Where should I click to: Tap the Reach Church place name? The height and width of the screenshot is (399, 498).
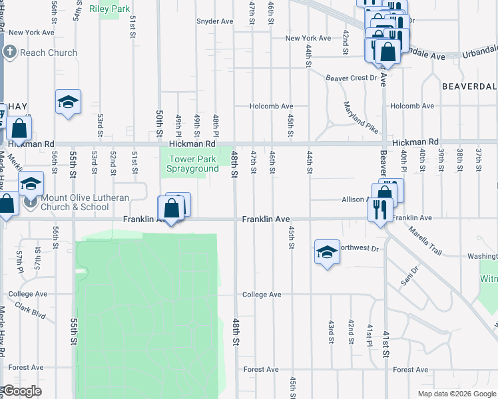(x=48, y=53)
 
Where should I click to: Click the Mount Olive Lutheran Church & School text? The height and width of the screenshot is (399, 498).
(x=74, y=202)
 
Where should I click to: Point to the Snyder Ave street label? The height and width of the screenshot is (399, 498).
(x=214, y=21)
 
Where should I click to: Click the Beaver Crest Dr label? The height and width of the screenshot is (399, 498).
(x=351, y=78)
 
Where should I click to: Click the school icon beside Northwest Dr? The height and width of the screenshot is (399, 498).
(x=327, y=252)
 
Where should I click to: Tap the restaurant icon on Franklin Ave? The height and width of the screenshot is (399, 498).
(x=380, y=210)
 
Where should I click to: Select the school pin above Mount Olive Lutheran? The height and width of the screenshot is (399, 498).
(x=31, y=184)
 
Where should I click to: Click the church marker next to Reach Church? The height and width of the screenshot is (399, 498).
(x=11, y=53)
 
